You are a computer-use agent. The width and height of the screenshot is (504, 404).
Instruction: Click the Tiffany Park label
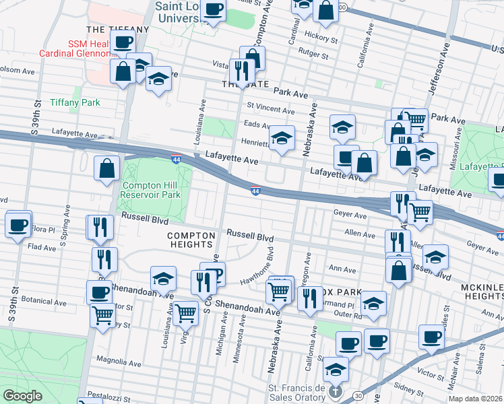pyautogui.click(x=74, y=102)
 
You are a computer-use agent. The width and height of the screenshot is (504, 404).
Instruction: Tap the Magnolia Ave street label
pyautogui.click(x=119, y=362)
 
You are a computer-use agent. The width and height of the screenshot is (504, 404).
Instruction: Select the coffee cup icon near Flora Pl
pyautogui.click(x=18, y=224)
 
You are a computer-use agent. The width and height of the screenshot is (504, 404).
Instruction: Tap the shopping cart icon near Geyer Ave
pyautogui.click(x=420, y=212)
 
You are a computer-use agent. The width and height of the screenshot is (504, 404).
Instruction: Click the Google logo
pyautogui.click(x=23, y=396)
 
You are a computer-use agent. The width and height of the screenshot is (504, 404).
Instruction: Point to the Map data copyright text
pyautogui.click(x=476, y=399)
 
